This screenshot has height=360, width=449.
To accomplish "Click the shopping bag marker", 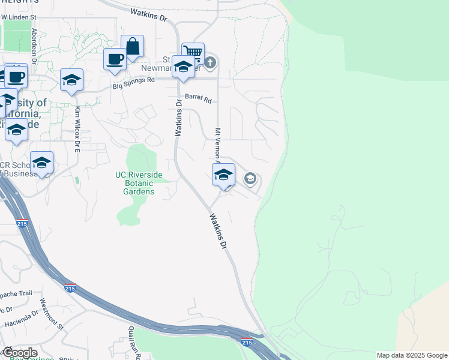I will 132,46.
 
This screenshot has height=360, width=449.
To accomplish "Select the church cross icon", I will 209,62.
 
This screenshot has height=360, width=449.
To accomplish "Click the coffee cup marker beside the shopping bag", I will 115,59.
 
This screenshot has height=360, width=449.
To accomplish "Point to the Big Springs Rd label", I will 134,83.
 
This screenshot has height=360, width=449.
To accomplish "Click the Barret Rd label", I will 198,98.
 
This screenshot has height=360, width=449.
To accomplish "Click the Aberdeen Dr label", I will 34,46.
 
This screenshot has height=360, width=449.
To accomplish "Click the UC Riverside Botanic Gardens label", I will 139,183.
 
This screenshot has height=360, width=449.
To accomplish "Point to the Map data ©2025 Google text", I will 411,355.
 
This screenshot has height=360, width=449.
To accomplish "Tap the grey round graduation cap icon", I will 250,178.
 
